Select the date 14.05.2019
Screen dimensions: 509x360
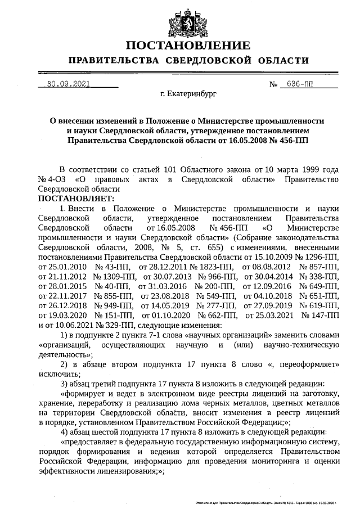pos(166,305)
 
